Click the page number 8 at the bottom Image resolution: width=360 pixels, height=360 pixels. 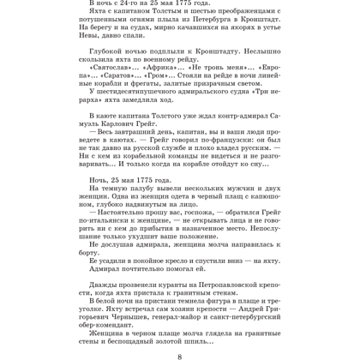click(x=180, y=354)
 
